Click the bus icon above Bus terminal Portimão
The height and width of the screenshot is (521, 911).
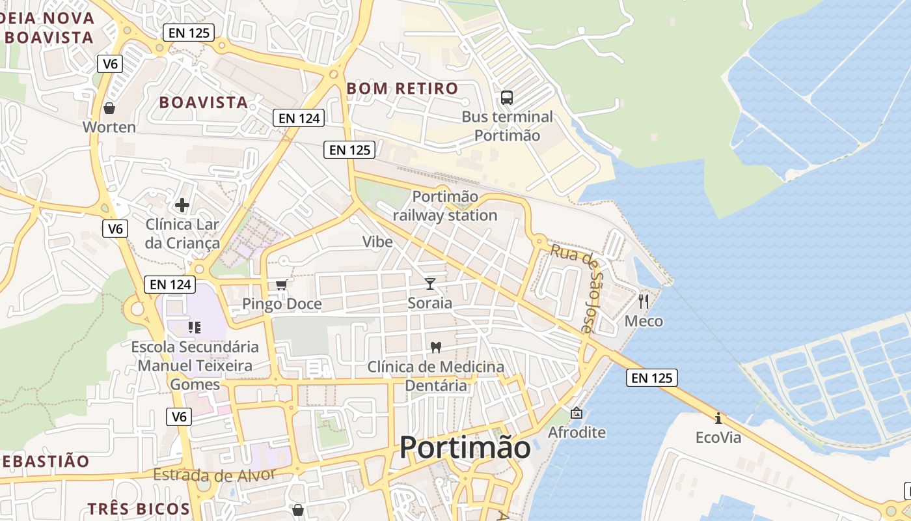(x=506, y=98)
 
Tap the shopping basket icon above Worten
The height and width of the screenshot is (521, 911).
(x=109, y=107)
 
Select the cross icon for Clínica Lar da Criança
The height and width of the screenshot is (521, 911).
(x=182, y=205)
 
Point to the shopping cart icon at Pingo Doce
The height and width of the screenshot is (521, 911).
(x=282, y=285)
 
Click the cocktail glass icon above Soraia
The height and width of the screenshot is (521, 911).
(x=429, y=283)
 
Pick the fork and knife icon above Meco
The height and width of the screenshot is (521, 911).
(x=644, y=301)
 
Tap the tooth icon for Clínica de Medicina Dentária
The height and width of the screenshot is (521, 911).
(x=436, y=347)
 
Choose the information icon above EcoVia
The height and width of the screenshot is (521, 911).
(x=718, y=417)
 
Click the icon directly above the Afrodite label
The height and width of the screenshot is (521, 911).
(x=577, y=413)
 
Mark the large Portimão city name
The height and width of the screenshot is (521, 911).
(x=465, y=447)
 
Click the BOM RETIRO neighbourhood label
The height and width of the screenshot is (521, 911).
(x=402, y=88)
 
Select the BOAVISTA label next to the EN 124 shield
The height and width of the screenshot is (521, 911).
(x=203, y=102)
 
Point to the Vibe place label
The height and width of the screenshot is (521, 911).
(x=377, y=242)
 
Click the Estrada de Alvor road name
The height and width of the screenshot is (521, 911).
(x=214, y=474)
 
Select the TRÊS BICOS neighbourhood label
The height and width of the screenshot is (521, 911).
(x=139, y=509)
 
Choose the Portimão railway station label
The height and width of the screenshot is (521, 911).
(x=445, y=206)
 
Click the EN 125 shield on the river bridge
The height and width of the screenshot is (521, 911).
(x=652, y=378)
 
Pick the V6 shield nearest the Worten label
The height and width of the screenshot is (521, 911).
(x=110, y=64)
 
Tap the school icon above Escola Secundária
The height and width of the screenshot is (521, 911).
(x=195, y=326)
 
